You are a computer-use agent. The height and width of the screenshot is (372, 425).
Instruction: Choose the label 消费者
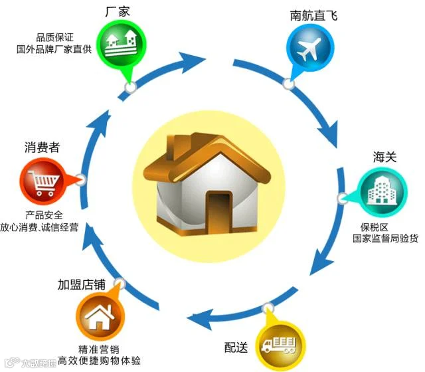point(42,147)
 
